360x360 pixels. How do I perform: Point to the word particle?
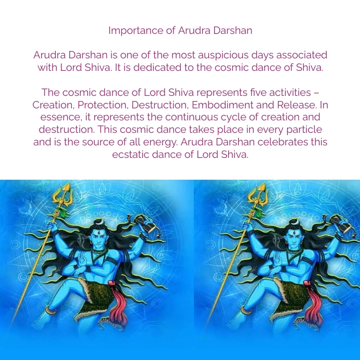304,130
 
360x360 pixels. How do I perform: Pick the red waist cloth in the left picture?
117,307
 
